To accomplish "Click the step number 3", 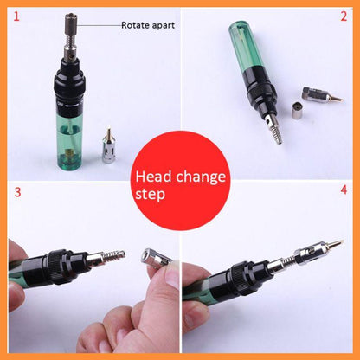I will pyautogui.click(x=15, y=189).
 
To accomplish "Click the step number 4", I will pyautogui.click(x=344, y=189).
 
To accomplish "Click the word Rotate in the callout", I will pyautogui.click(x=135, y=25).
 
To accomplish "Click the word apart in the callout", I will pyautogui.click(x=164, y=25).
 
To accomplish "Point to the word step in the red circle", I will pyautogui.click(x=151, y=197).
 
